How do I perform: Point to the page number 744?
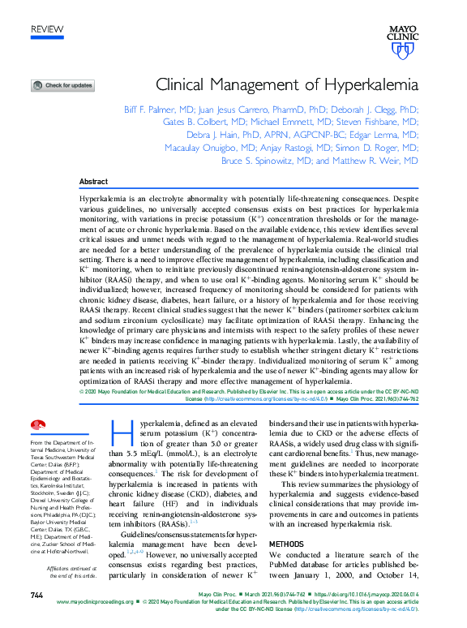pyautogui.click(x=36, y=596)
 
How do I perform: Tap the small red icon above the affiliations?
pyautogui.click(x=37, y=425)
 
